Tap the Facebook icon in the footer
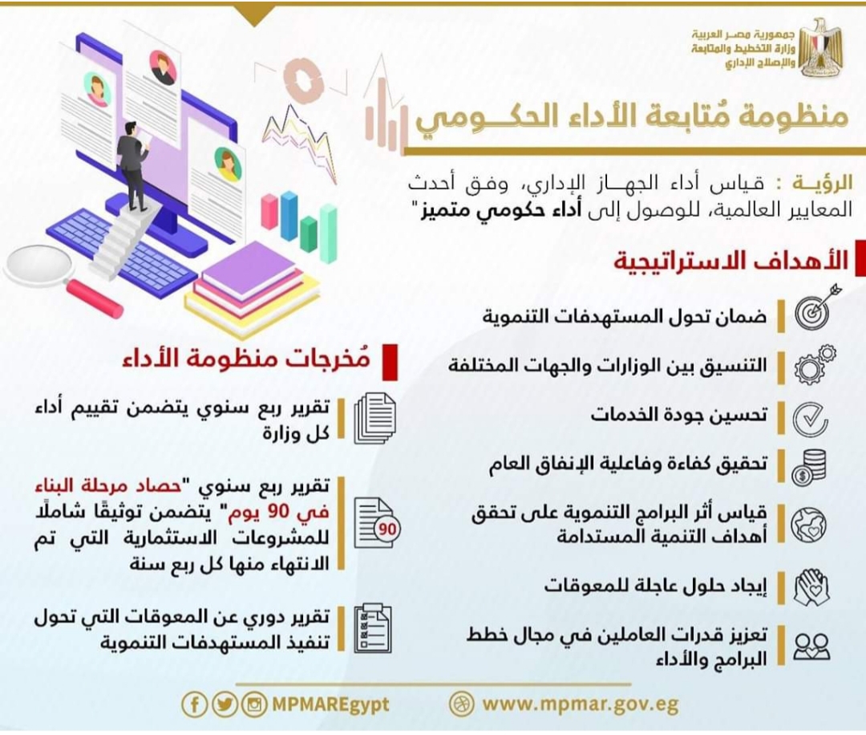point(194,705)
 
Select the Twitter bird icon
point(225,705)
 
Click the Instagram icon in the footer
point(254,705)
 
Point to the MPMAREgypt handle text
point(330,705)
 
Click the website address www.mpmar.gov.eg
point(580,705)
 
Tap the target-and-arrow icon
point(815,306)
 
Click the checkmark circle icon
point(811,418)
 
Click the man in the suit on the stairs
point(132,166)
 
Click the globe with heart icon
point(809,524)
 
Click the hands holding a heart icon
point(811,587)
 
